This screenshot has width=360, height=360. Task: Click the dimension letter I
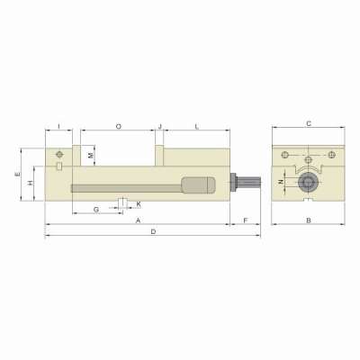pyautogui.click(x=58, y=127)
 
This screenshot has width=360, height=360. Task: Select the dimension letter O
pyautogui.click(x=120, y=127)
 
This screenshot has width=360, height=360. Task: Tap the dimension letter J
pyautogui.click(x=159, y=127)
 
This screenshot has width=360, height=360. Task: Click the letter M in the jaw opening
pyautogui.click(x=91, y=156)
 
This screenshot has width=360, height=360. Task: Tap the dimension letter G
pyautogui.click(x=96, y=209)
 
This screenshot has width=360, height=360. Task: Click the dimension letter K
pyautogui.click(x=138, y=204)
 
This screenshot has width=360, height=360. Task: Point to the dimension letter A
pyautogui.click(x=138, y=220)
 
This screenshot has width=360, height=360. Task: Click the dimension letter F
pyautogui.click(x=245, y=220)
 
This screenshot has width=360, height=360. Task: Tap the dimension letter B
pyautogui.click(x=308, y=220)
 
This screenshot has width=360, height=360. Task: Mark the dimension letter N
pyautogui.click(x=281, y=183)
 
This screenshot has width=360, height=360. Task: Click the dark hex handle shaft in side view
pyautogui.click(x=247, y=184)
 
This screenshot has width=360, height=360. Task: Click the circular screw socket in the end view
pyautogui.click(x=309, y=184)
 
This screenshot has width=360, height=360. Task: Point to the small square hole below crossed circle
pyautogui.click(x=58, y=166)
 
